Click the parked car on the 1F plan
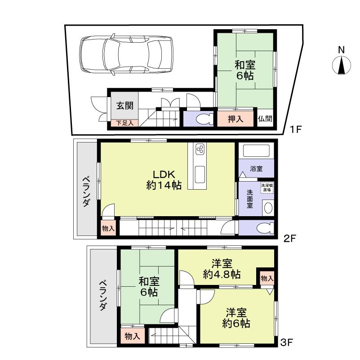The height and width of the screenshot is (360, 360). click(127, 53)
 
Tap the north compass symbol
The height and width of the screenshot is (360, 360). click(342, 66)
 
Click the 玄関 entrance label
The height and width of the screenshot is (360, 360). click(124, 106)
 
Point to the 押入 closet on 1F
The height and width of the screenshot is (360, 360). click(236, 119)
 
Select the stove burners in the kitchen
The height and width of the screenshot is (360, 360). click(200, 150)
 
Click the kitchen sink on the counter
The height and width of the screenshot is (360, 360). click(200, 173)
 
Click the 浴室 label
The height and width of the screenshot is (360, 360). click(256, 169)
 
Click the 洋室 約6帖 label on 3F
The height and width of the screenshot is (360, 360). click(236, 317)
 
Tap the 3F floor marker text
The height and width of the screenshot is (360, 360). click(286, 344)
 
